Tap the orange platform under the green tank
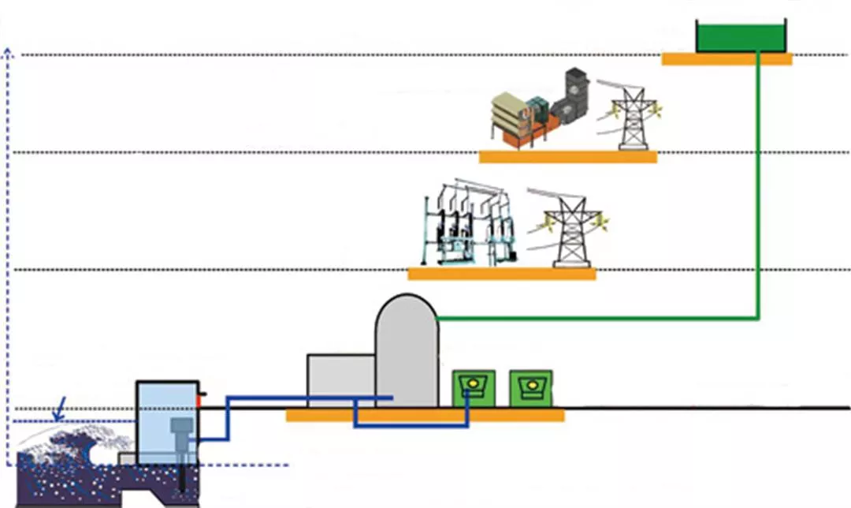point(726,59)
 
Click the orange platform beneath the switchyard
point(501,274)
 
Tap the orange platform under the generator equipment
point(567,157)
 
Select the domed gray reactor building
point(406,352)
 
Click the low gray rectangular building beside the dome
point(340,381)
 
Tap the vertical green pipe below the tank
point(758,189)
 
